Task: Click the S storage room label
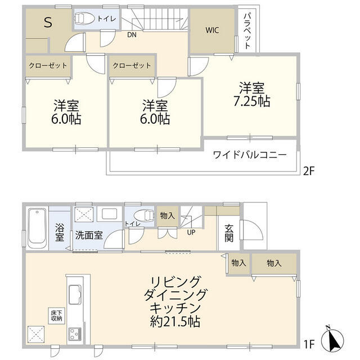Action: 48,24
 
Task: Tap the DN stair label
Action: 131,34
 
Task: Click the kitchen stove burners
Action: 75,334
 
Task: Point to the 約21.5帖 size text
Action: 175,322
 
